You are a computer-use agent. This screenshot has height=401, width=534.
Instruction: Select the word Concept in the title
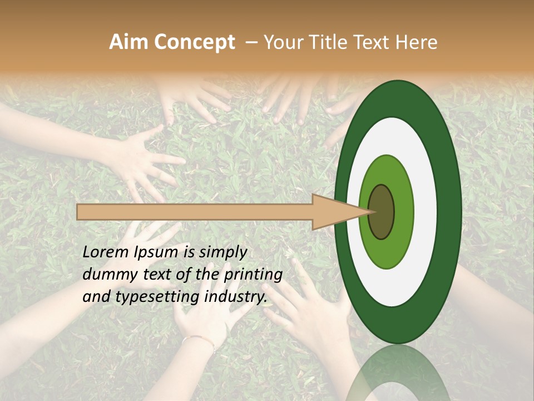(194, 42)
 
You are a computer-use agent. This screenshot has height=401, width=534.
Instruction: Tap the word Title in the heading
(334, 42)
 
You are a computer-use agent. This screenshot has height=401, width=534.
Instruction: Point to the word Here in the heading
(417, 42)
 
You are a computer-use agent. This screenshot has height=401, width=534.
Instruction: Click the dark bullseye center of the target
(382, 212)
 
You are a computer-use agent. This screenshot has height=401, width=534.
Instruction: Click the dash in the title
(251, 42)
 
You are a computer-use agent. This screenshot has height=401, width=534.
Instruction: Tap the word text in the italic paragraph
(151, 275)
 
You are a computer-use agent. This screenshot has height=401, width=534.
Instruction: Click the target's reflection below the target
(398, 373)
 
